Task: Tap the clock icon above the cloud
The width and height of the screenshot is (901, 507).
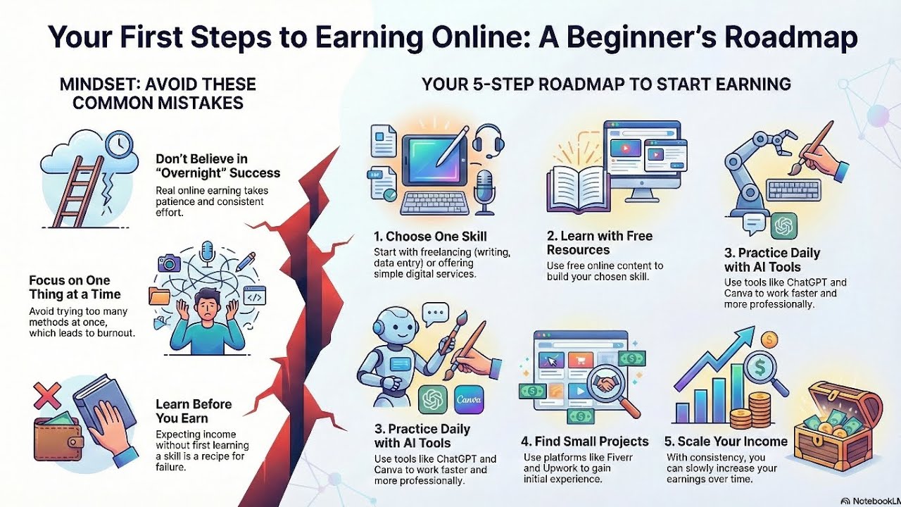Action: (119, 144)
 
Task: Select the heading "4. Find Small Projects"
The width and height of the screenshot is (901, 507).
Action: (585, 442)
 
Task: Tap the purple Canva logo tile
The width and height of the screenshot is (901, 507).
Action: (469, 399)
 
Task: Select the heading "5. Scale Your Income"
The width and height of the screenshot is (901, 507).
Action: (726, 442)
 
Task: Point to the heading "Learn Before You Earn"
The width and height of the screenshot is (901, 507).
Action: (194, 411)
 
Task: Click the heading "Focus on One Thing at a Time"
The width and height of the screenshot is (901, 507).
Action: (75, 287)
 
